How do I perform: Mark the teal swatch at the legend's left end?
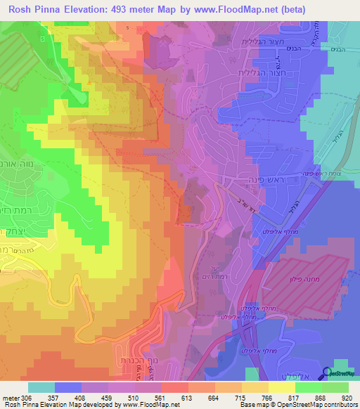[x=41, y=387]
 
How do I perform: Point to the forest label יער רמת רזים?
[x=211, y=273]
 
